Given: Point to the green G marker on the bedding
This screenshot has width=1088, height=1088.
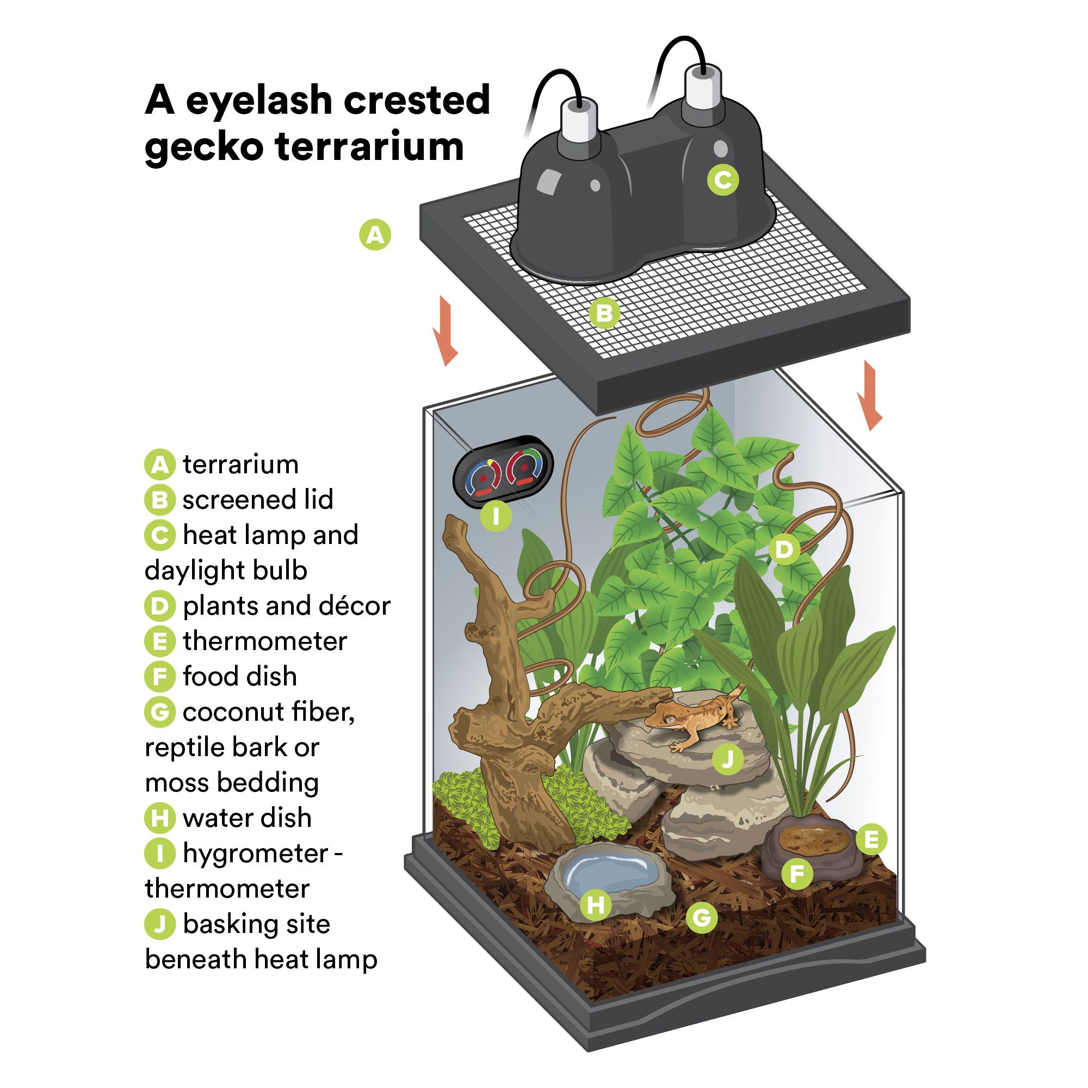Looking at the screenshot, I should [x=702, y=917].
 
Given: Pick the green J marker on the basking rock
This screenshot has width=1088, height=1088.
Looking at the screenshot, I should [x=727, y=759].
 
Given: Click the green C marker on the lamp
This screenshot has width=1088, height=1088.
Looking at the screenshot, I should [x=723, y=180].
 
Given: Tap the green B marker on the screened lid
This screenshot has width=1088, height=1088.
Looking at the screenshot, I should [x=604, y=313].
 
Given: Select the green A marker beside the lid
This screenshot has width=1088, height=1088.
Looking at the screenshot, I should [x=375, y=234].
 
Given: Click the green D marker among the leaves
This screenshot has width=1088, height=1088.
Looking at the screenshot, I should [x=784, y=549].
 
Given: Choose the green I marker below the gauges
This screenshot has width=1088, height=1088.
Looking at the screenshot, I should [x=496, y=516].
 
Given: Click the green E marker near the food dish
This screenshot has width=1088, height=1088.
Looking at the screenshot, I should [x=871, y=839].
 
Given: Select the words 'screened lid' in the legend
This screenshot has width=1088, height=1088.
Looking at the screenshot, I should [x=257, y=499].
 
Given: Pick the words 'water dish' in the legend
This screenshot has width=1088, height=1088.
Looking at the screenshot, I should [x=246, y=818].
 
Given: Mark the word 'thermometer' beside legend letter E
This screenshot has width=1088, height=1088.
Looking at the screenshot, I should [x=265, y=641].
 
